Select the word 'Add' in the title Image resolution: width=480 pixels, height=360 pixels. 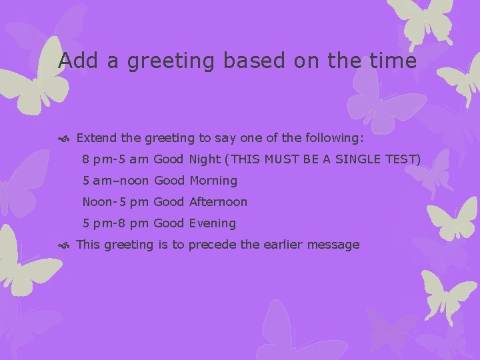(75, 61)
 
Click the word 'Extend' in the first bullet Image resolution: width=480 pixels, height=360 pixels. (97, 138)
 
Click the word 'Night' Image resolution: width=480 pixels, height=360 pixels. (204, 159)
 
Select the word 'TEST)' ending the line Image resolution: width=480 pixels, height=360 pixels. (403, 159)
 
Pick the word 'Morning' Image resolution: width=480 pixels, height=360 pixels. (213, 181)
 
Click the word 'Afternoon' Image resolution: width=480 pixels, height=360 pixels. (218, 202)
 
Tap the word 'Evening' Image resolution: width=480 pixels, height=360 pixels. (213, 223)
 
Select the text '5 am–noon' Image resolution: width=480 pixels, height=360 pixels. (116, 181)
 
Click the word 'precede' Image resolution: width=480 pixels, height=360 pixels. (212, 245)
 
